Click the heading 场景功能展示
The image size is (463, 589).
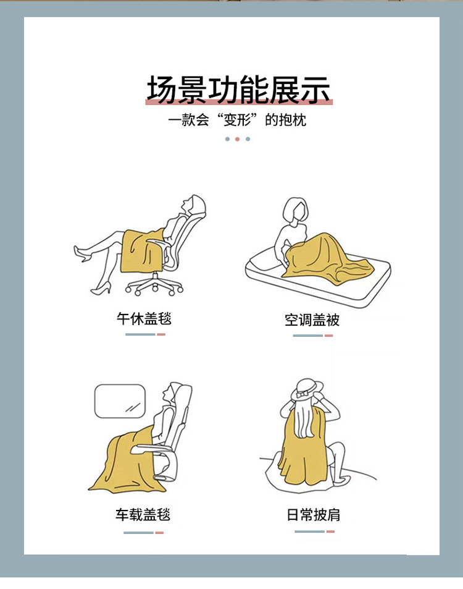(x=239, y=90)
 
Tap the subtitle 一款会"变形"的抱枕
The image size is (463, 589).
(x=237, y=120)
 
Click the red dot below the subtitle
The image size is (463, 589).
(x=237, y=139)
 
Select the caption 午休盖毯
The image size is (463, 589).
(x=144, y=319)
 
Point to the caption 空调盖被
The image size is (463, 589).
(x=312, y=320)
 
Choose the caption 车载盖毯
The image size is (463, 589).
(x=143, y=515)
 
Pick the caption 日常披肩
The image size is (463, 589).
(x=313, y=515)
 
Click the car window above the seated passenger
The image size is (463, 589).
(x=120, y=401)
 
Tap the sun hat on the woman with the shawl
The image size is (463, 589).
(x=307, y=389)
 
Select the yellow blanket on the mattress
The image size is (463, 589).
(x=327, y=259)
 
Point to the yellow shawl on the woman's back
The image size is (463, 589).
(x=303, y=451)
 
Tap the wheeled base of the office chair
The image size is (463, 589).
(x=154, y=285)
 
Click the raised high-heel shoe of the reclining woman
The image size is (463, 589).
(x=83, y=253)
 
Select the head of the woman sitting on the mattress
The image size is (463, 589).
(x=295, y=210)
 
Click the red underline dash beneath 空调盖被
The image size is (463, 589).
(x=328, y=336)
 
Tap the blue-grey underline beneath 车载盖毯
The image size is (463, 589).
(x=138, y=533)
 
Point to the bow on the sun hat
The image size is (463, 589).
(x=302, y=394)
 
